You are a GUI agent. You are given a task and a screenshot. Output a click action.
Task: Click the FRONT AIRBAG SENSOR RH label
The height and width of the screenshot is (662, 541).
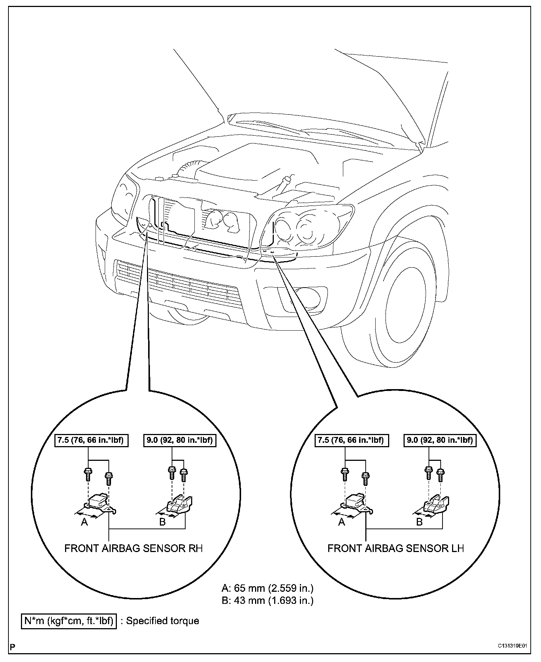(133, 548)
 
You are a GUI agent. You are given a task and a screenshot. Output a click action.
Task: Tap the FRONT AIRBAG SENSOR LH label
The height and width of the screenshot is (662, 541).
(395, 548)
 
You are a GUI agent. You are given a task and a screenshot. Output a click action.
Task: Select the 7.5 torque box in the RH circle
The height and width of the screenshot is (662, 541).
(91, 440)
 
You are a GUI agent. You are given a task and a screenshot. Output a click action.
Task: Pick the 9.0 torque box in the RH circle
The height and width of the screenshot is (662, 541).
(179, 440)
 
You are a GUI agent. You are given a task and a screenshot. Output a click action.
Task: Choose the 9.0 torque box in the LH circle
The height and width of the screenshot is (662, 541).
(440, 440)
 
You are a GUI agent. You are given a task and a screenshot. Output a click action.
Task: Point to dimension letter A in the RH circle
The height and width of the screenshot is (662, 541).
(85, 522)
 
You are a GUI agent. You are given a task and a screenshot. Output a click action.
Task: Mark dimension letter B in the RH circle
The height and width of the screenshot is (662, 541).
(162, 522)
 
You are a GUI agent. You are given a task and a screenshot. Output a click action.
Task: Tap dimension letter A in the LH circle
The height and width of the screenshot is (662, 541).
(342, 522)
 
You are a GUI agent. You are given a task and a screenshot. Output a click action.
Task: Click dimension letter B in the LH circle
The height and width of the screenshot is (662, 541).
(419, 522)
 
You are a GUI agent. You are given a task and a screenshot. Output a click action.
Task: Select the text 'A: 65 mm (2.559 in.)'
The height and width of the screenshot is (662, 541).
(268, 588)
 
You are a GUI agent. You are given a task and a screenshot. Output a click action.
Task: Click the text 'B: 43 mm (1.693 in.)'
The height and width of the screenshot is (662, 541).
(268, 601)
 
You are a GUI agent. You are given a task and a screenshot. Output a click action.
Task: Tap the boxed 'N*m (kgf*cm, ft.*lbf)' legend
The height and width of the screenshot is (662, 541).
(69, 621)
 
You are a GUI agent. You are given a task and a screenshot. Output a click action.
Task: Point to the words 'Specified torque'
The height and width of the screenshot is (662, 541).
(162, 621)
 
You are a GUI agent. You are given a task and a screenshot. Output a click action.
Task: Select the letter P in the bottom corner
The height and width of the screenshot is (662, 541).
(12, 647)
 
